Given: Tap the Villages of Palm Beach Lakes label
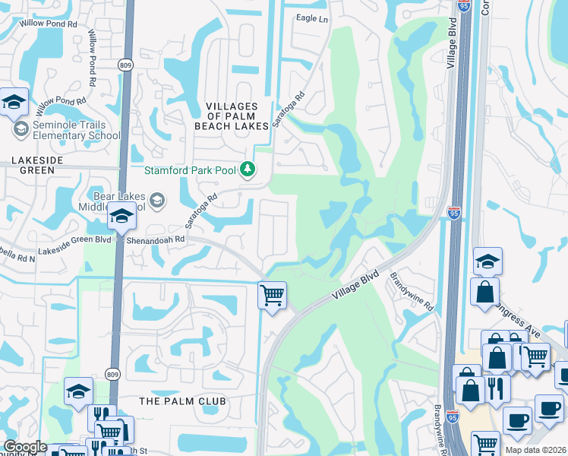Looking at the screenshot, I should tap(237, 116).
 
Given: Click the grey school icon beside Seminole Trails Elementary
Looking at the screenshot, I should tap(20, 130).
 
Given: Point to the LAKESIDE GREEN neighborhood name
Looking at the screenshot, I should tap(33, 166).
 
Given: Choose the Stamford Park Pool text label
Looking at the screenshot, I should tap(194, 169).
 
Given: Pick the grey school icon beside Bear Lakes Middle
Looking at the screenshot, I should tap(157, 201).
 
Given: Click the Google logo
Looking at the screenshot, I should tap(24, 447).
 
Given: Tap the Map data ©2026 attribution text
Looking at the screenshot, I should tap(535, 450).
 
